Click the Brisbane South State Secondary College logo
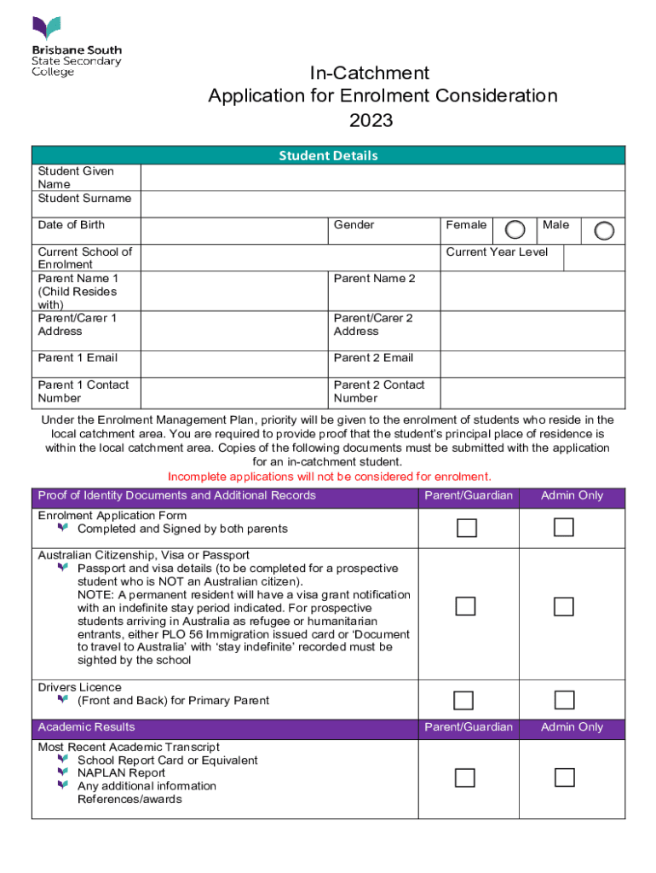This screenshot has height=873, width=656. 77,47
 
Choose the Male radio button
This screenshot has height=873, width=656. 603,230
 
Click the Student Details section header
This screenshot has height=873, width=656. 328,155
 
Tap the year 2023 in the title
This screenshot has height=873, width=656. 371,120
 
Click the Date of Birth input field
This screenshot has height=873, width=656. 234,230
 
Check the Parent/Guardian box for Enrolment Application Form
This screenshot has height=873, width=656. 465,529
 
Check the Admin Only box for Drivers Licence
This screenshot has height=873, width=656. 564,700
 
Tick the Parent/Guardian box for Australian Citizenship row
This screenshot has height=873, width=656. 465,607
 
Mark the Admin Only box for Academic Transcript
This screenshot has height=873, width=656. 564,778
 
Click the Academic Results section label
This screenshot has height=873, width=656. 86,727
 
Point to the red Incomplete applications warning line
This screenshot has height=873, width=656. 330,477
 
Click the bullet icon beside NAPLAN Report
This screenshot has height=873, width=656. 62,772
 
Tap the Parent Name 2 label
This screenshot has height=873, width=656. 374,279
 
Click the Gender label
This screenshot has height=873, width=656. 354,225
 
